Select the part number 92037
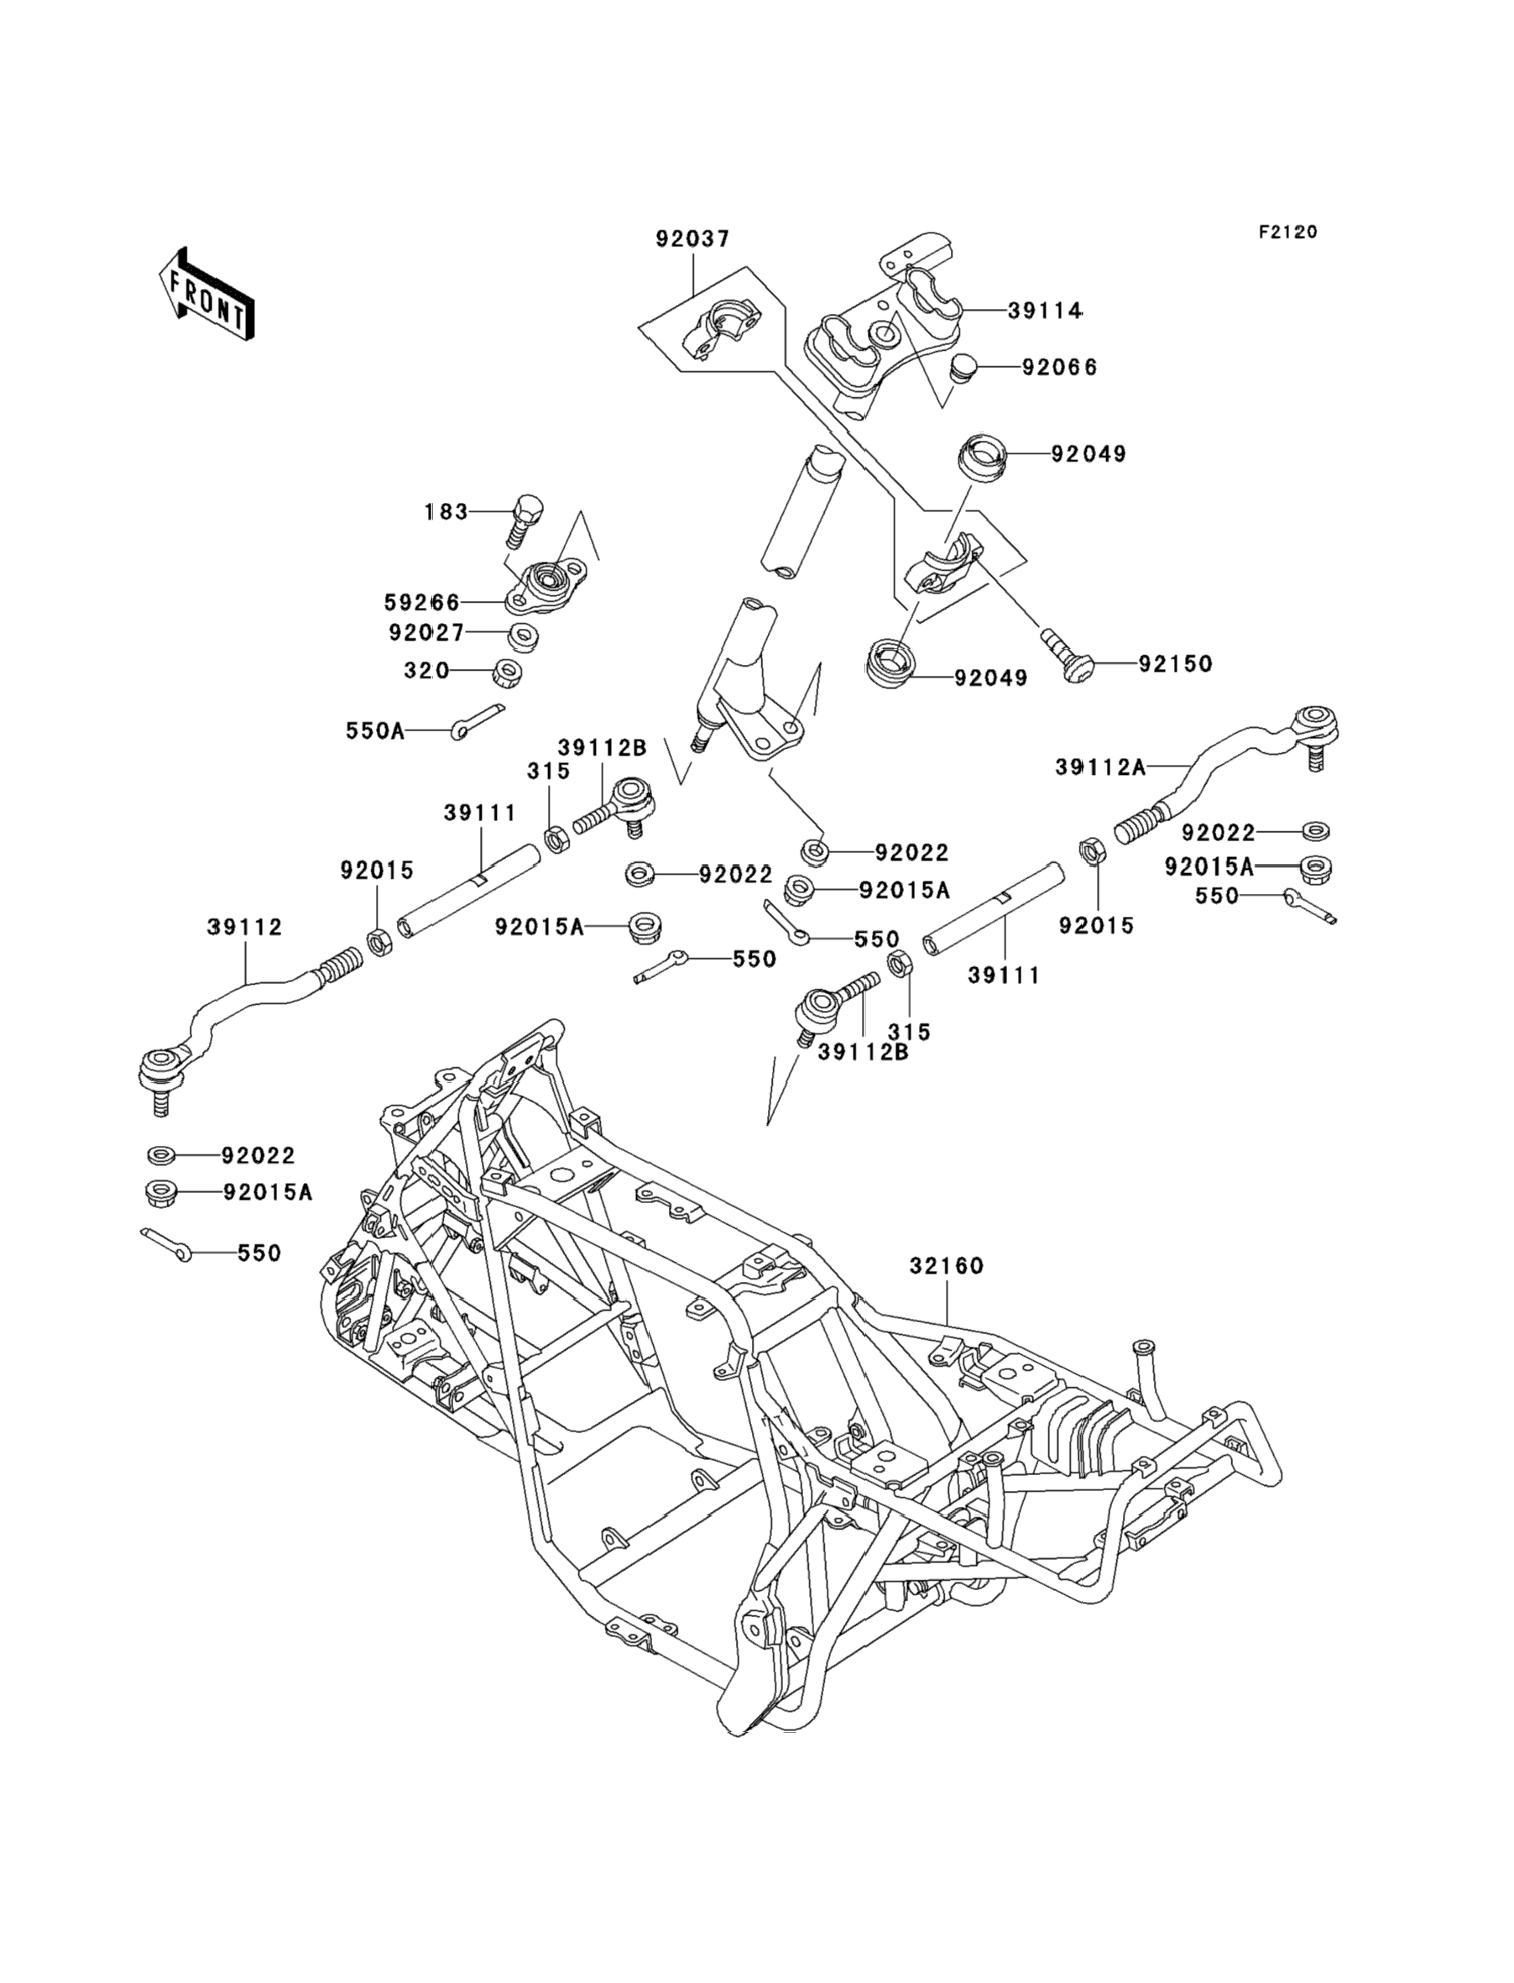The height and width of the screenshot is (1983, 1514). pos(692,240)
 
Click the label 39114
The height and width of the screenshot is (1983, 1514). pos(1045,310)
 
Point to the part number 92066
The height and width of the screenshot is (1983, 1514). pos(1059,368)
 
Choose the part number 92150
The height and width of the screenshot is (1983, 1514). pos(1175,664)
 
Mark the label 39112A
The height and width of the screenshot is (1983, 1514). pos(1100,767)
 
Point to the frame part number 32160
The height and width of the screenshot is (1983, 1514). pos(947,1265)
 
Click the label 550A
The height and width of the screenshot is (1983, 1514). pos(375,730)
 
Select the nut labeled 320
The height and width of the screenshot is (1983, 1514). pos(511,672)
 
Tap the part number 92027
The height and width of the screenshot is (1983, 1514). pos(426,633)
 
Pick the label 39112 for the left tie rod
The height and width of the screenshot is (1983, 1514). pos(244,927)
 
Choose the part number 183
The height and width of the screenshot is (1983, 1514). pos(446,512)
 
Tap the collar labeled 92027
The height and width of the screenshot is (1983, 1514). pos(524,636)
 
